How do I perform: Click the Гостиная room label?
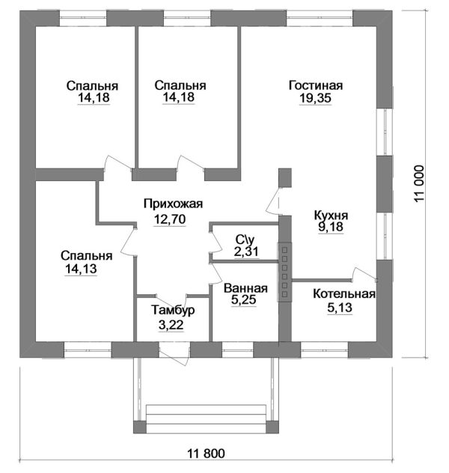(316, 85)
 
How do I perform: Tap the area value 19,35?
(315, 98)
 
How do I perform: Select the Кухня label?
(331, 216)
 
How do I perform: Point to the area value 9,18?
(331, 227)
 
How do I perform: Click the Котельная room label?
(344, 294)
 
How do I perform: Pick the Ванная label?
(245, 288)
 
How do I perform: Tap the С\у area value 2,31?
(246, 251)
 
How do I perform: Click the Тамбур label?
(173, 310)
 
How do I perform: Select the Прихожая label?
(173, 204)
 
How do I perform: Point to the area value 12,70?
(170, 219)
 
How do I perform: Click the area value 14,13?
(81, 269)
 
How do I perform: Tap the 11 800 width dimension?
(207, 454)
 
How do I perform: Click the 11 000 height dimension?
(419, 183)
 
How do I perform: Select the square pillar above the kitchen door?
(284, 177)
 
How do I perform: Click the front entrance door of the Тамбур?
(174, 355)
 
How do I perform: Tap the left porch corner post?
(140, 427)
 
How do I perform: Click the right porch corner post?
(272, 427)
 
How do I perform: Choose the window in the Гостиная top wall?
(320, 19)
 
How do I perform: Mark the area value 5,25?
(244, 299)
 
